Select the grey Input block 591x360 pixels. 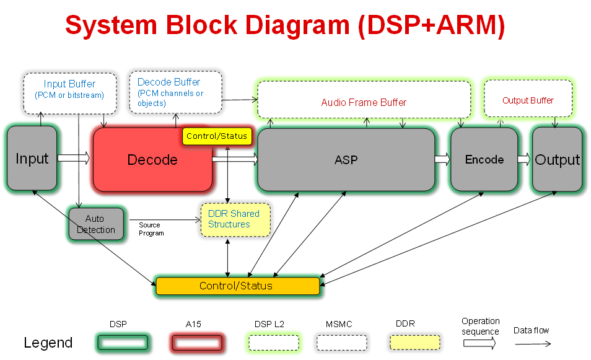(32, 159)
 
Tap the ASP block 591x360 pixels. (346, 160)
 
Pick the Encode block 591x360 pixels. (484, 159)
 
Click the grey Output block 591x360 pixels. (557, 160)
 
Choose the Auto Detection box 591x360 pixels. (96, 224)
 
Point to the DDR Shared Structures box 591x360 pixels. (235, 219)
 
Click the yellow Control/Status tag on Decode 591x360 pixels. (217, 136)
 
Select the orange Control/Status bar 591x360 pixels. (237, 286)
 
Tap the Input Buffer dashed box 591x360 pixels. (69, 93)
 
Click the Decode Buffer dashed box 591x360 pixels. (175, 92)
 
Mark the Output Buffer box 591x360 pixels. (528, 99)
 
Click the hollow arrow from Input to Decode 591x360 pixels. (74, 159)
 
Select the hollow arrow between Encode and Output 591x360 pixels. (524, 159)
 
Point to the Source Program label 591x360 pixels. (151, 229)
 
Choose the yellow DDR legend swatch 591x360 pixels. (415, 343)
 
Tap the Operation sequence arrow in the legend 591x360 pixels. (480, 344)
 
